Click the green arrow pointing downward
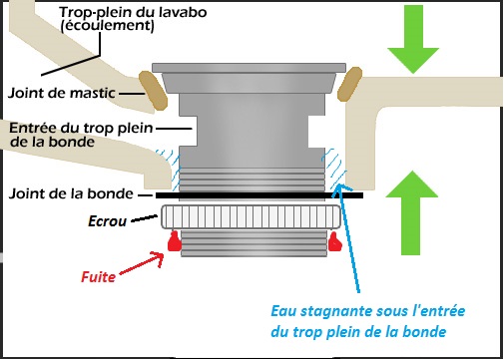click(413, 37)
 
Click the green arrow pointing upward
click(412, 212)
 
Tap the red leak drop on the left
click(175, 241)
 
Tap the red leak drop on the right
click(334, 241)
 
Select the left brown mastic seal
click(153, 90)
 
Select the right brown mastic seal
click(349, 84)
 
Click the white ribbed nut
click(251, 217)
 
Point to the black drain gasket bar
click(259, 195)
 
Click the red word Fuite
click(99, 276)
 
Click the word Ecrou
click(108, 221)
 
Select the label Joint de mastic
click(62, 93)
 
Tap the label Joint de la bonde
click(71, 193)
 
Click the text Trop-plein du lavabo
click(133, 12)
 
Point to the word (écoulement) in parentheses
click(108, 26)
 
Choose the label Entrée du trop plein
click(81, 128)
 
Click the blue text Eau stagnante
click(322, 311)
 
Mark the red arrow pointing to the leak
click(142, 263)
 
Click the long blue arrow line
click(348, 237)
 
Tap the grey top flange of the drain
click(250, 68)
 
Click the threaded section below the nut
click(253, 243)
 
